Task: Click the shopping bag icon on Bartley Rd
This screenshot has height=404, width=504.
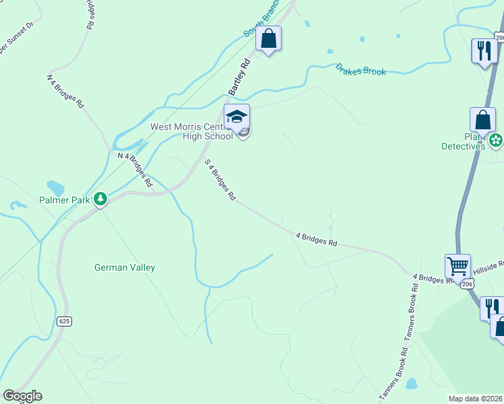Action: (x=268, y=39)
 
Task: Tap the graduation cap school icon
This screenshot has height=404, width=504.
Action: (x=237, y=117)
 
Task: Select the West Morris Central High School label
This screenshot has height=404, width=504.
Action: (x=193, y=131)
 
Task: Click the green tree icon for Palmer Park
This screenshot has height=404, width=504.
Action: (x=100, y=199)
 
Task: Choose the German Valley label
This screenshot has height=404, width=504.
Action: (x=125, y=267)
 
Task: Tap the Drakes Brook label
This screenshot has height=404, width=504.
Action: (x=360, y=70)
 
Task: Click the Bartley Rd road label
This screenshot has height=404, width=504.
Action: (x=239, y=76)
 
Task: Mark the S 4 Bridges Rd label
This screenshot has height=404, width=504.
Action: (x=220, y=180)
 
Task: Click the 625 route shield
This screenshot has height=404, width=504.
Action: (x=65, y=322)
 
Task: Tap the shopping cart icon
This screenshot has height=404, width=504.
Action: (x=458, y=267)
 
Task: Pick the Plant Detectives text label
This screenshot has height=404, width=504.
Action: (x=465, y=140)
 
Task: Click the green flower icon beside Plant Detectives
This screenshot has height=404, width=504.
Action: (x=497, y=140)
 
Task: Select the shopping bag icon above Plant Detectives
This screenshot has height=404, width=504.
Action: (x=482, y=120)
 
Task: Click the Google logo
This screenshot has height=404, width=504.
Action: (x=22, y=396)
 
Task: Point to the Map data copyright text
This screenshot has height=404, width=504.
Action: (x=476, y=399)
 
